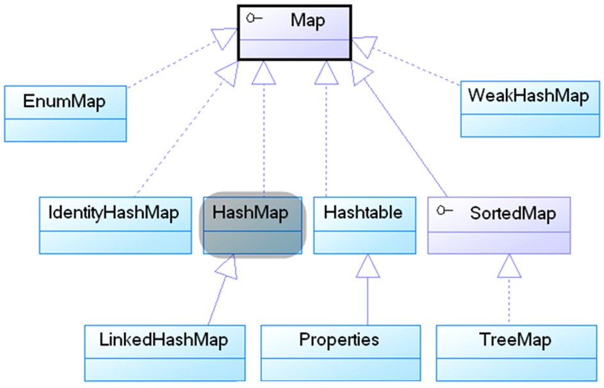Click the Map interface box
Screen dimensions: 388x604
(294, 33)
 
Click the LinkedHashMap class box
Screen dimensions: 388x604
(165, 353)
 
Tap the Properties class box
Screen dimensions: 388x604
(339, 353)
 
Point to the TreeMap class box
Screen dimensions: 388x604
(514, 353)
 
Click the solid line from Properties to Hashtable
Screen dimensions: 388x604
(367, 301)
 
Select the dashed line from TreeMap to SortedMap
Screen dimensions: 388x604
(509, 301)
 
